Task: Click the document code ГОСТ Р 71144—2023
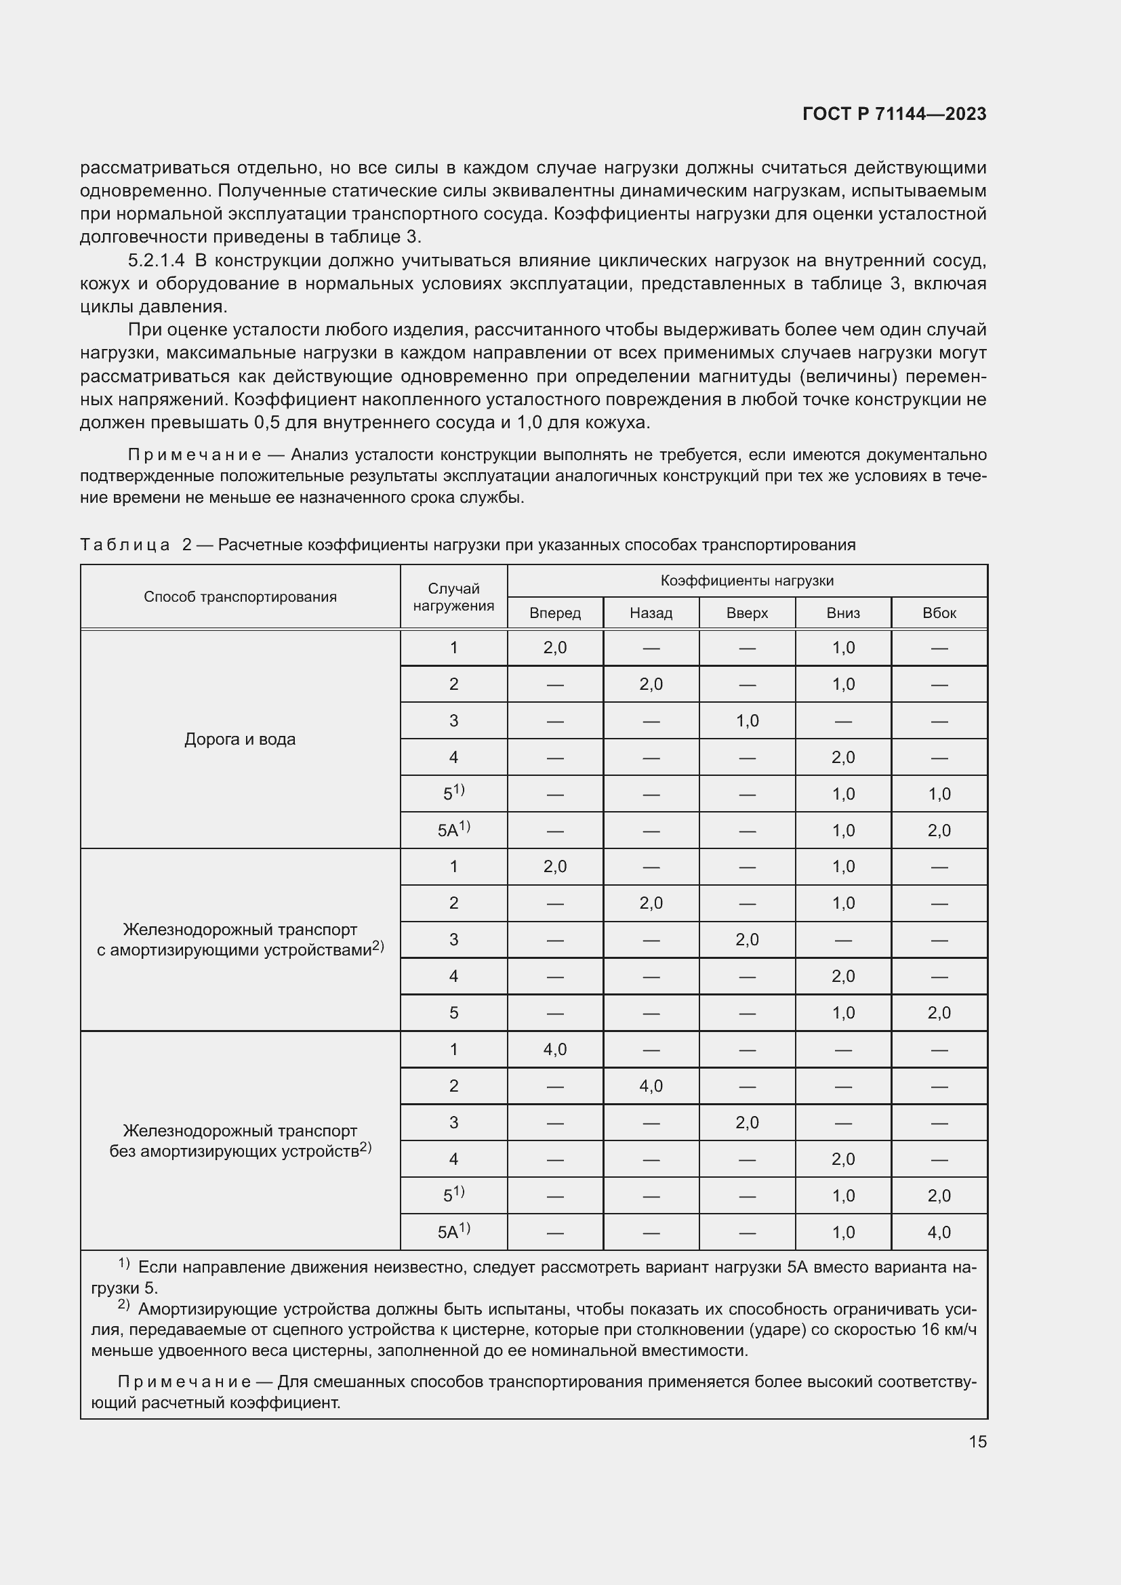pyautogui.click(x=894, y=114)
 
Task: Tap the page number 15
pyautogui.click(x=977, y=1441)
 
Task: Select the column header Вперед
pyautogui.click(x=555, y=613)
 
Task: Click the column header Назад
pyautogui.click(x=651, y=613)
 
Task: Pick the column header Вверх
pyautogui.click(x=747, y=613)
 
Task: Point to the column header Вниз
pyautogui.click(x=843, y=613)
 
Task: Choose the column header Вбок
pyautogui.click(x=939, y=613)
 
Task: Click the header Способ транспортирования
pyautogui.click(x=240, y=596)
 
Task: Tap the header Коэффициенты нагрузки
pyautogui.click(x=747, y=581)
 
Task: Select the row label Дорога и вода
pyautogui.click(x=240, y=739)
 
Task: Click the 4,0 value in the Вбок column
pyautogui.click(x=939, y=1232)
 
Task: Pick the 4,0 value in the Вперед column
pyautogui.click(x=555, y=1049)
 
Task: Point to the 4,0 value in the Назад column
pyautogui.click(x=651, y=1086)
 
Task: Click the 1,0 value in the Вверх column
pyautogui.click(x=747, y=721)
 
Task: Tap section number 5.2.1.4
pyautogui.click(x=156, y=260)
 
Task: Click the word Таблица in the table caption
pyautogui.click(x=125, y=545)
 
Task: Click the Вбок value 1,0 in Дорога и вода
pyautogui.click(x=939, y=794)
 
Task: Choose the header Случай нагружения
pyautogui.click(x=453, y=596)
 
